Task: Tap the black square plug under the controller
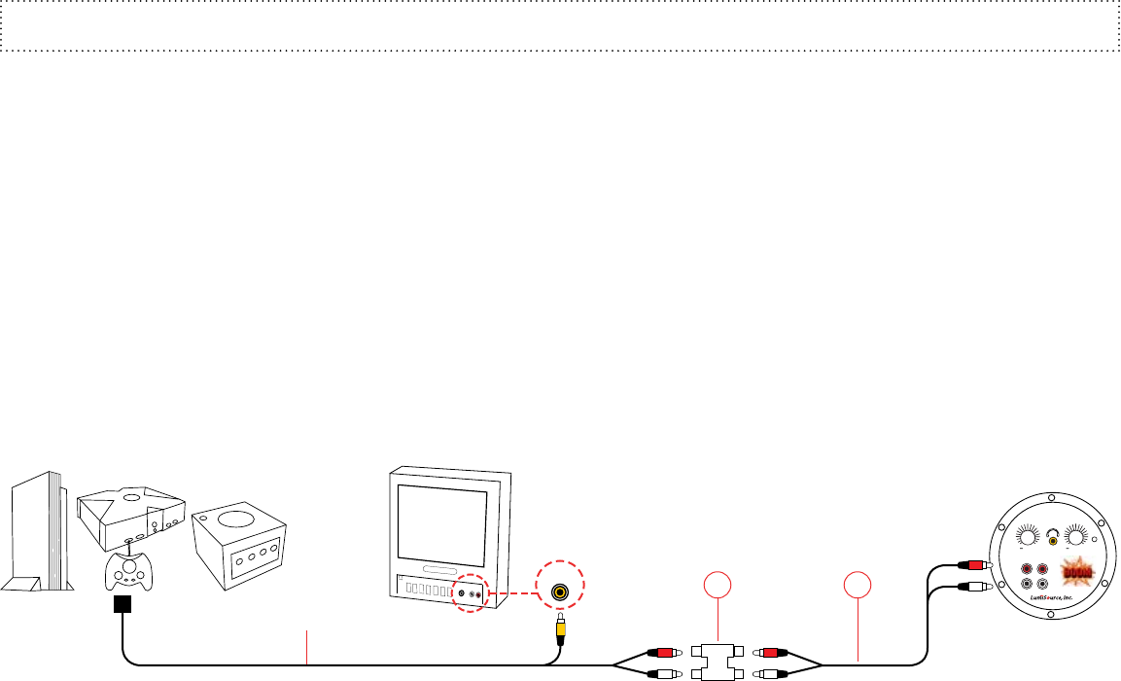click(x=123, y=605)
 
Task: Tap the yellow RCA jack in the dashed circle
click(x=560, y=591)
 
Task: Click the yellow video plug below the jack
click(x=560, y=628)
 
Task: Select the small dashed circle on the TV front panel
click(x=470, y=591)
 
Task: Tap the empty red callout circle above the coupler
click(x=717, y=587)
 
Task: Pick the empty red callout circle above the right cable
click(x=858, y=587)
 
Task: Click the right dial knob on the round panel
click(x=1076, y=536)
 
